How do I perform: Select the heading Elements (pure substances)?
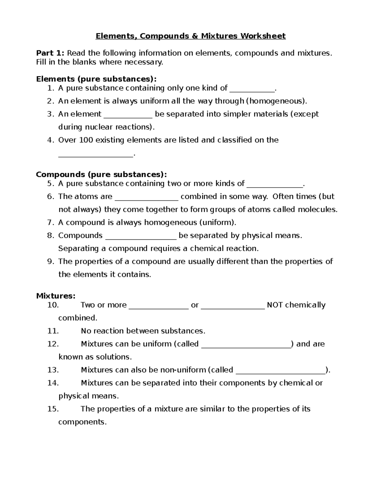(x=96, y=79)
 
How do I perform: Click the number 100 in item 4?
(x=86, y=140)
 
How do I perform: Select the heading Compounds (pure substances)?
(x=101, y=174)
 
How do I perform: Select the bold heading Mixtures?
(x=56, y=296)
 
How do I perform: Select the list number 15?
(x=53, y=409)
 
